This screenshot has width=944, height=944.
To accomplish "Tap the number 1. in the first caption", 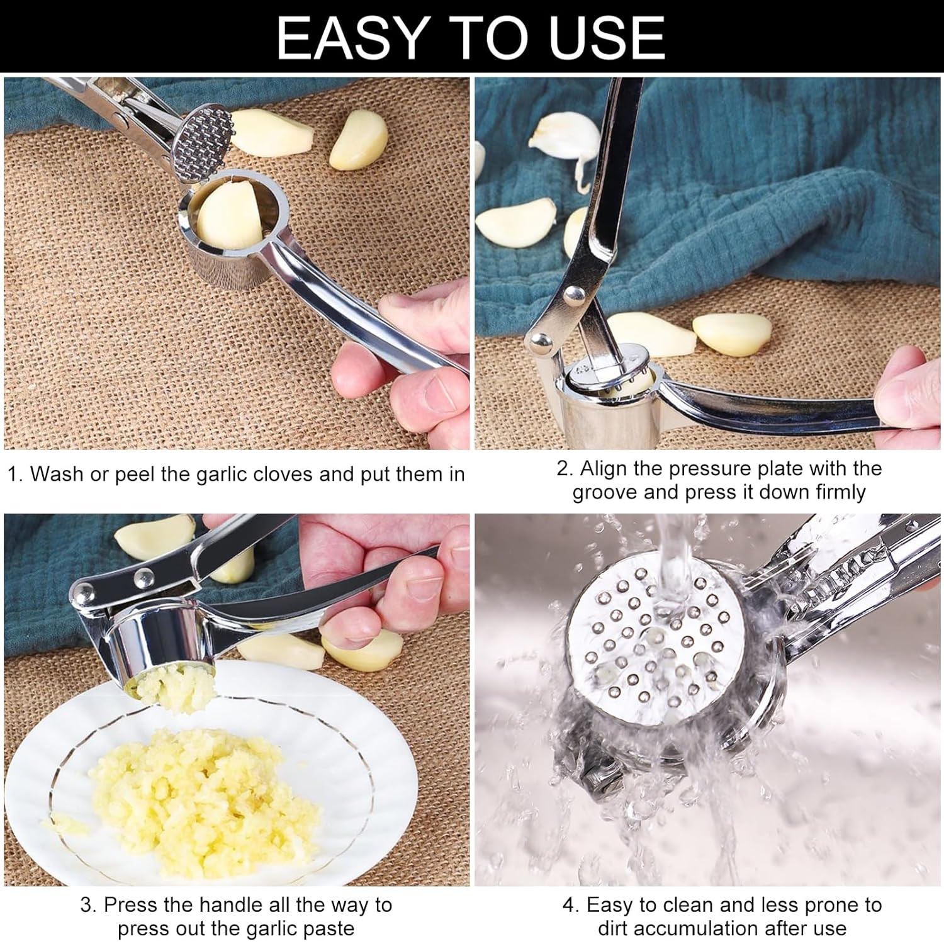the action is click(15, 474).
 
